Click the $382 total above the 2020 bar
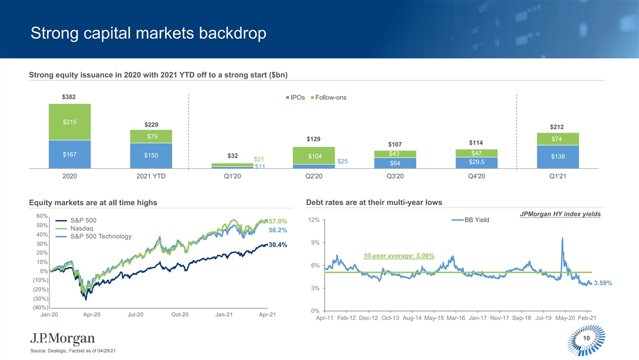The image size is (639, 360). tap(69, 96)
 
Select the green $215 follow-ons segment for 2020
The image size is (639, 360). tap(69, 122)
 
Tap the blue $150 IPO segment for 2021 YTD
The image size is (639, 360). tap(151, 155)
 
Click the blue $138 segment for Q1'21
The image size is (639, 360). tap(558, 156)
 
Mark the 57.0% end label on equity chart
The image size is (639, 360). tap(277, 221)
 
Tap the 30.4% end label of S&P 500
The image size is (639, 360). tap(277, 245)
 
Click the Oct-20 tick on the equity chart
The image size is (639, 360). tap(179, 315)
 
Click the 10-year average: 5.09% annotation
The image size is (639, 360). tap(399, 256)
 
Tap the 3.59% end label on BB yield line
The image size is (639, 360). tap(603, 283)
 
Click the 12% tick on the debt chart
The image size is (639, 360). tap(313, 220)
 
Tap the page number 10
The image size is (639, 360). tap(586, 338)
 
